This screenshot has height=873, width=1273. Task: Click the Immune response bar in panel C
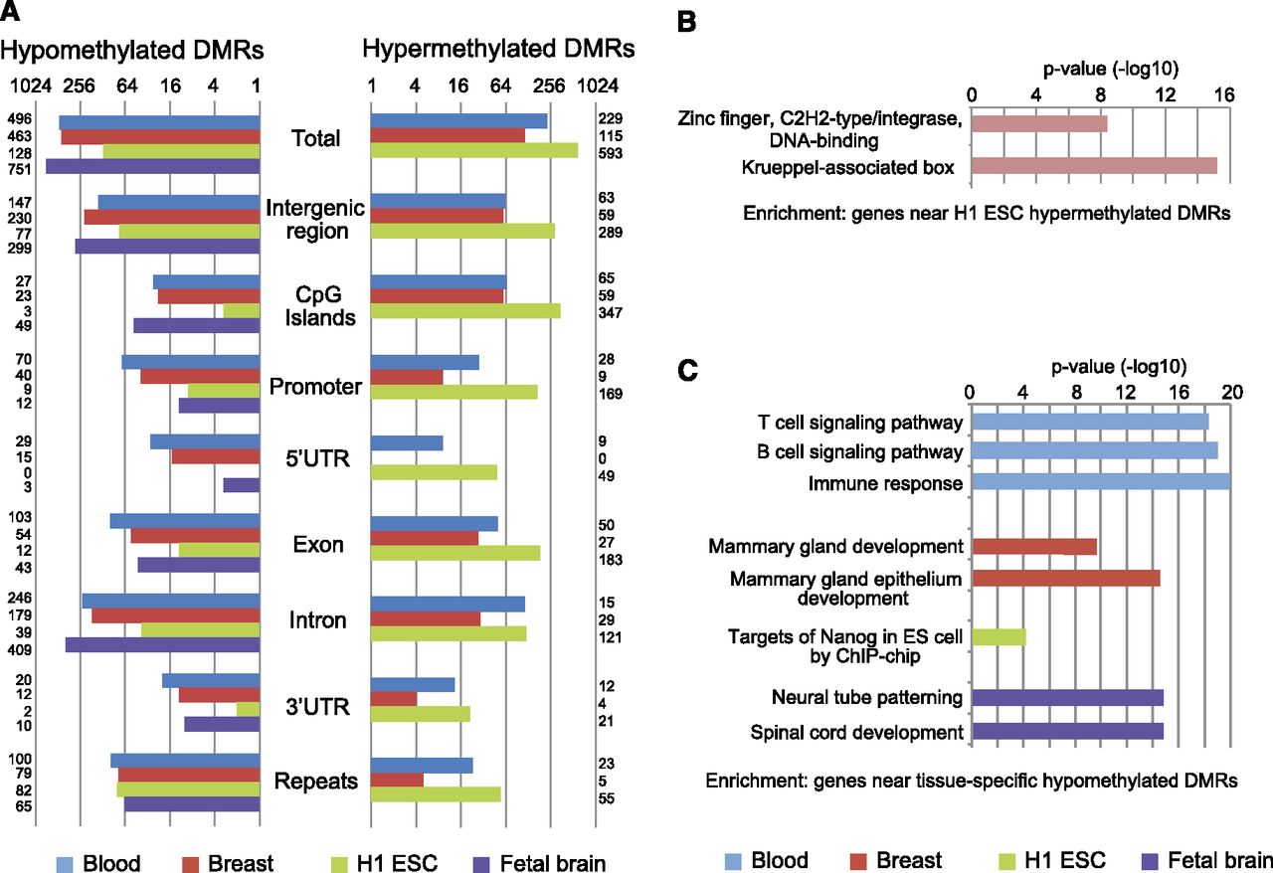point(1100,482)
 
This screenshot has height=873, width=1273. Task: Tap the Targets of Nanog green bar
point(998,636)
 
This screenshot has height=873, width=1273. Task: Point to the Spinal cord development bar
point(1067,732)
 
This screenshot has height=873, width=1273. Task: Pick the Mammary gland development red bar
point(1033,547)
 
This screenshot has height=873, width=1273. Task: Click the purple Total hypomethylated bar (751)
point(152,167)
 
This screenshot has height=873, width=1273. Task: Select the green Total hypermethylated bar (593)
point(473,151)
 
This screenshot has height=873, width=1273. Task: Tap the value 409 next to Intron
point(20,650)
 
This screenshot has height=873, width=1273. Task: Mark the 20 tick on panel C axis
point(1231,392)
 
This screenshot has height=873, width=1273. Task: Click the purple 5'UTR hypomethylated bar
point(241,485)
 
